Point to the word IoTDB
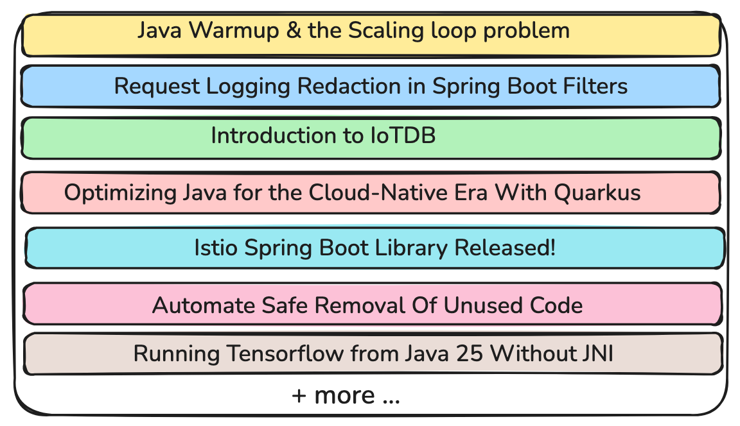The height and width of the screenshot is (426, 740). [x=403, y=136]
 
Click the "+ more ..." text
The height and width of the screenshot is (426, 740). [x=346, y=396]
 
